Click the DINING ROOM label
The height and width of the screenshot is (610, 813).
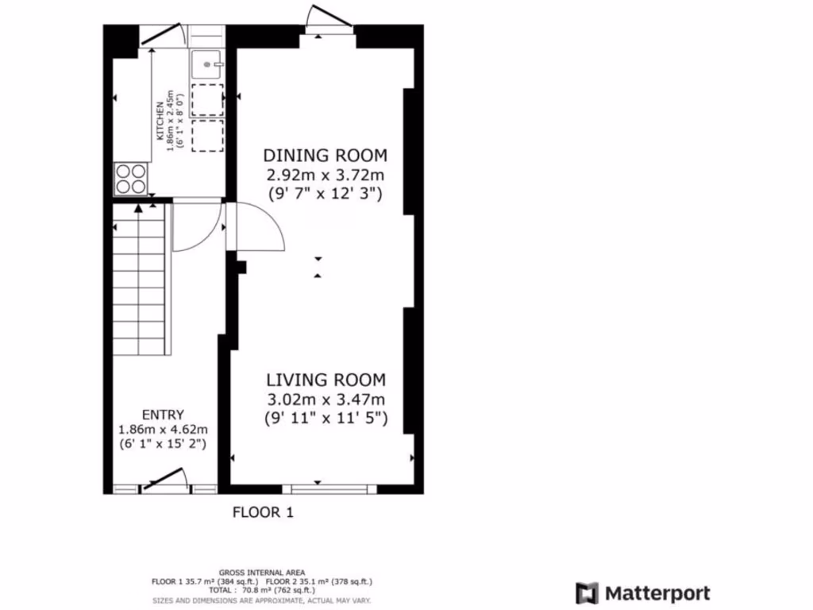[x=325, y=155]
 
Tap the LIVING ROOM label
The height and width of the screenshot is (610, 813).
[x=326, y=380]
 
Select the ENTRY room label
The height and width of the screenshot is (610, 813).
[x=163, y=415]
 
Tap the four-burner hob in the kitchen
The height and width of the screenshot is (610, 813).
[x=132, y=179]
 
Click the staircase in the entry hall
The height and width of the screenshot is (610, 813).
[x=141, y=278]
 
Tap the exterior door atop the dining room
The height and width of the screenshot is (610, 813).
[x=327, y=21]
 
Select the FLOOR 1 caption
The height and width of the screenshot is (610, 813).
[x=263, y=513]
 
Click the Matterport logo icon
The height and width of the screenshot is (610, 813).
[x=587, y=593]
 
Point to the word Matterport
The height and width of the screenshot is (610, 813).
[x=657, y=593]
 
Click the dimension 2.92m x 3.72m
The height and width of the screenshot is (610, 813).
[x=325, y=175]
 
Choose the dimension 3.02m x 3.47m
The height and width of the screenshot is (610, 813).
[x=326, y=400]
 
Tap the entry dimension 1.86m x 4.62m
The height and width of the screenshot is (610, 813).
[x=163, y=430]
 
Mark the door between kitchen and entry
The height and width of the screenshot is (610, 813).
[x=196, y=226]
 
